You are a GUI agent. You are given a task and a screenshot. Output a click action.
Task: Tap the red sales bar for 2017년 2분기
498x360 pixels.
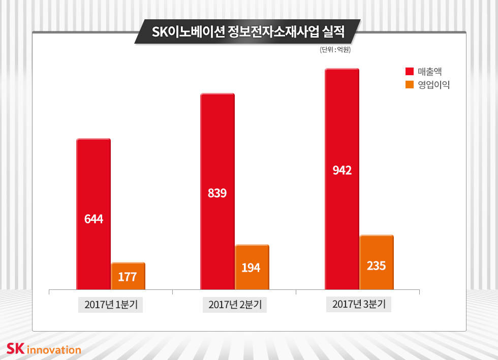(x=217, y=152)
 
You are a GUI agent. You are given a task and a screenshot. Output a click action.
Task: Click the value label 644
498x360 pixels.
(x=94, y=219)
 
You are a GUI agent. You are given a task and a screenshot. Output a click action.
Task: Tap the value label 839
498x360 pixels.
(x=217, y=193)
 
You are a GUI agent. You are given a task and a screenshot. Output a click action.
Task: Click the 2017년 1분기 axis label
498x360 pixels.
(x=111, y=305)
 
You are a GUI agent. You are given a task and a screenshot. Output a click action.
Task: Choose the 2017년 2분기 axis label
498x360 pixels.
(x=235, y=305)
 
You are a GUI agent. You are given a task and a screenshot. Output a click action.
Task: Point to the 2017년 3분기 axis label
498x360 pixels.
(x=359, y=305)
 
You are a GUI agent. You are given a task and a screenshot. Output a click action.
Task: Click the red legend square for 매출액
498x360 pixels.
(x=409, y=72)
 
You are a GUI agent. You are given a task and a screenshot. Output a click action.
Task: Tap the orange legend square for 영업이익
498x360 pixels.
(x=409, y=85)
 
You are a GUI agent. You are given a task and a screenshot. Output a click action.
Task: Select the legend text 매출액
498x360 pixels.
(x=429, y=72)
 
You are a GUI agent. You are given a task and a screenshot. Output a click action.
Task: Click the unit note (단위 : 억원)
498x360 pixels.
(x=335, y=50)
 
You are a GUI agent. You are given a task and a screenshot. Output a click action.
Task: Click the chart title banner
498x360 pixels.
(x=248, y=32)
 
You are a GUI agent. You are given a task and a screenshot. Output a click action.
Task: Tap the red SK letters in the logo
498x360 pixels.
(x=15, y=349)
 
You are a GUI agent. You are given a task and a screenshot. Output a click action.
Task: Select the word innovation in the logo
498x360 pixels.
(x=53, y=350)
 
